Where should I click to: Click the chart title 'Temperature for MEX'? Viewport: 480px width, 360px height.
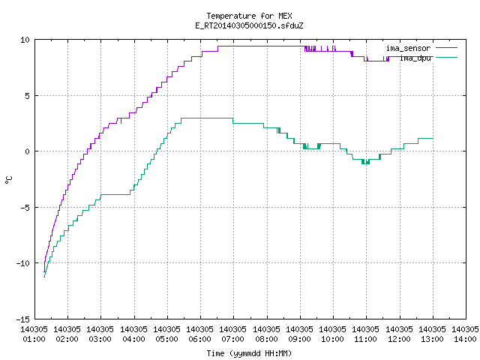[249, 16]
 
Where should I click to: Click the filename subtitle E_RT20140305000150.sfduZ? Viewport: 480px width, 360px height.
[249, 25]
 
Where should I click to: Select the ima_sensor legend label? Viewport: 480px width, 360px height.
[408, 48]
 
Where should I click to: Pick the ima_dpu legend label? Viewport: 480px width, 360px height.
[415, 58]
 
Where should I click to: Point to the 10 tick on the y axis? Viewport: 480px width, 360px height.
[25, 40]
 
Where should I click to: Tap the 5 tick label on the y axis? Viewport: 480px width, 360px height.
[28, 96]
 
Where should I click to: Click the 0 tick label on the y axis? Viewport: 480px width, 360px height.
[28, 151]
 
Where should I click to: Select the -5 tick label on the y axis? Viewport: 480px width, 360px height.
[25, 208]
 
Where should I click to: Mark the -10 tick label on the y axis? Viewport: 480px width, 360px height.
[23, 263]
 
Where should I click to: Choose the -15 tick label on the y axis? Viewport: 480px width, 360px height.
[23, 319]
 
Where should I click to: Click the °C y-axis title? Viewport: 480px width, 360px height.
[8, 180]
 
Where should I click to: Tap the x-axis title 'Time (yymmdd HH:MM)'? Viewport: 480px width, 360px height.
[249, 353]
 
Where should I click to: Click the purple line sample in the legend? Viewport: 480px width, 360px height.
[446, 48]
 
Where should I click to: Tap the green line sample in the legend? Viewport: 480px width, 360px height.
[446, 57]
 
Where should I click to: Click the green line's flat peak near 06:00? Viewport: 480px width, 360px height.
[207, 118]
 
